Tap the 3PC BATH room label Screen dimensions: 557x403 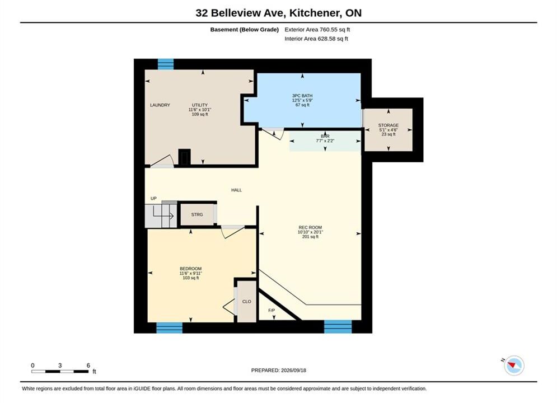click(302, 96)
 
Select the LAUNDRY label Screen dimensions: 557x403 click(160, 105)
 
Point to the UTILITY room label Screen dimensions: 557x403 click(200, 105)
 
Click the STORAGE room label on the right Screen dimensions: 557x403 click(389, 125)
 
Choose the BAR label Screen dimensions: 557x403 click(325, 137)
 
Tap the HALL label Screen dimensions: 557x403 click(237, 190)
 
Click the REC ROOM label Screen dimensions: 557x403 click(310, 228)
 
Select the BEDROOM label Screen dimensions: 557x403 click(191, 269)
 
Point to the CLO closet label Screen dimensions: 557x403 click(246, 302)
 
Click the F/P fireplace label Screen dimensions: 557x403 click(272, 310)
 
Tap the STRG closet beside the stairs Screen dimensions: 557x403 click(197, 214)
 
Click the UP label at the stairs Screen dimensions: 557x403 click(153, 199)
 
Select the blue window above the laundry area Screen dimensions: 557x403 click(166, 64)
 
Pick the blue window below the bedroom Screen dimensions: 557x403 click(170, 327)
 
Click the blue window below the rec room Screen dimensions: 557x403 click(338, 327)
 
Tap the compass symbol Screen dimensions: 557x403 click(514, 365)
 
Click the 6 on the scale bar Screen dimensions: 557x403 click(88, 365)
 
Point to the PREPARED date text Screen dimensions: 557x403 click(279, 371)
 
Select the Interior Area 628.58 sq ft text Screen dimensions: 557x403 click(316, 39)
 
